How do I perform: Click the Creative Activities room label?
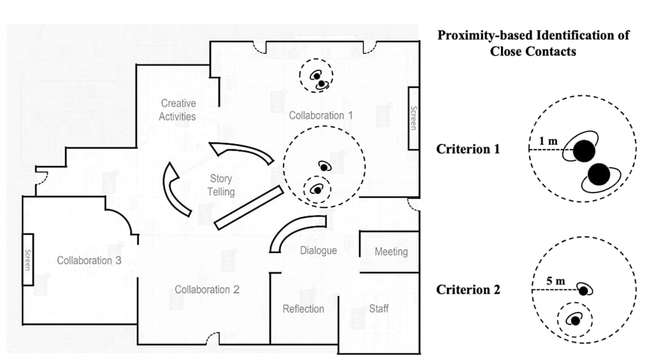pos(177,109)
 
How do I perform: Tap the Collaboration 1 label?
pos(320,115)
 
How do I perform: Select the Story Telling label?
pos(220,185)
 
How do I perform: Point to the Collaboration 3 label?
pos(89,260)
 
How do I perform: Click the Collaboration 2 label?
pos(207,289)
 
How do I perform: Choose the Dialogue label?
pos(318,250)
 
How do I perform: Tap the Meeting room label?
pos(391,252)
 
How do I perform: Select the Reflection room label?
pos(303,309)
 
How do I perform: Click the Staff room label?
pos(378,309)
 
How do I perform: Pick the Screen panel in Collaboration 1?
pos(413,118)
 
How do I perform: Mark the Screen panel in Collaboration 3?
pos(28,260)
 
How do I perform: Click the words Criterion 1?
pos(468,149)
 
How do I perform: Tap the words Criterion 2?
pos(468,289)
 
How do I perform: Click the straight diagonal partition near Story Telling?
pos(249,207)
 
